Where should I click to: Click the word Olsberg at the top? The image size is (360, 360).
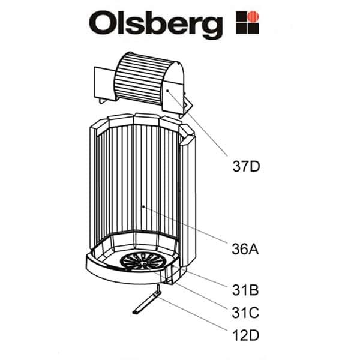point(155,24)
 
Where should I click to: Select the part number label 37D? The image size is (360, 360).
point(246,166)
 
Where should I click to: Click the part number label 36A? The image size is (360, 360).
point(245,248)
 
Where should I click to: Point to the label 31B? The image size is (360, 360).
point(245,292)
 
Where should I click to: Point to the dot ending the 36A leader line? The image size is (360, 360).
point(143,207)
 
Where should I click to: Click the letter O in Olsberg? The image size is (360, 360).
point(103,24)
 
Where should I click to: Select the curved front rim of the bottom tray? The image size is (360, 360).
point(114,269)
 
